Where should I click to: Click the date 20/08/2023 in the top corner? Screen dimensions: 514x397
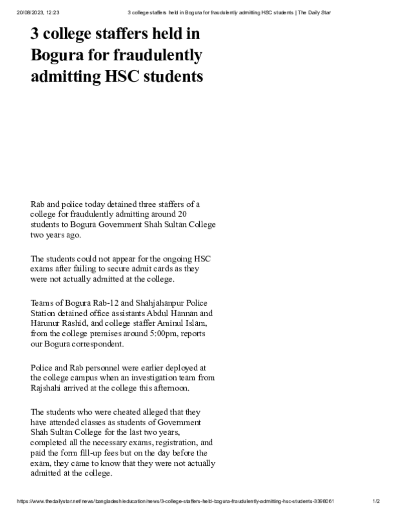(x=28, y=12)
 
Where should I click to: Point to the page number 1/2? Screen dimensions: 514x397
(x=376, y=501)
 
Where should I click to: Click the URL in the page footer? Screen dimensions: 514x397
(x=176, y=501)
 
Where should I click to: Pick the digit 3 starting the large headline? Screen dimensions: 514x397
(x=36, y=34)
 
